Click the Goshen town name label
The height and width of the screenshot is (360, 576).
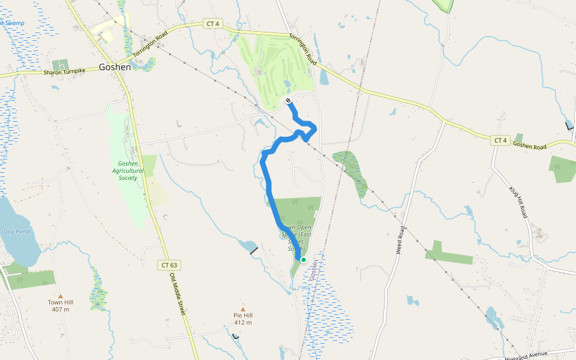115,67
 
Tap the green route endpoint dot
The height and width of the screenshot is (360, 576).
304,260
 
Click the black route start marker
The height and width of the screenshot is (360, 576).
289,100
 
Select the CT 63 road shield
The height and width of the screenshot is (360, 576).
170,265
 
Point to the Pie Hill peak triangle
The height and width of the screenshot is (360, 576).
243,309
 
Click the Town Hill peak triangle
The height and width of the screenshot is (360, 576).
60,296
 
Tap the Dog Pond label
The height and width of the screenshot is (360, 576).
16,231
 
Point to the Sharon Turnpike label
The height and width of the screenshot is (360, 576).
65,71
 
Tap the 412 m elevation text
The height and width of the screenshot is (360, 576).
243,323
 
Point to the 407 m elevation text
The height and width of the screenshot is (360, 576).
60,310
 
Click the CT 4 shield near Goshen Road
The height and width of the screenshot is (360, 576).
500,140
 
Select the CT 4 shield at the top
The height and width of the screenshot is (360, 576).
212,23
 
